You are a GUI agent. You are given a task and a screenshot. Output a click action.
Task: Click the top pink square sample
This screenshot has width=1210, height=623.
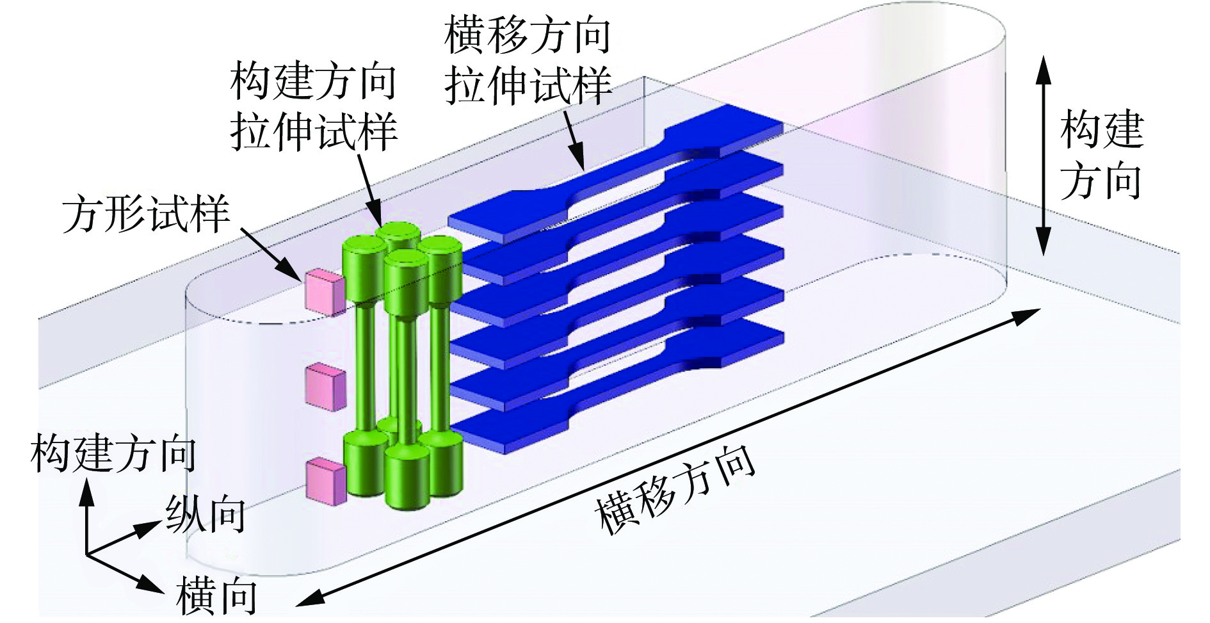[x=325, y=293]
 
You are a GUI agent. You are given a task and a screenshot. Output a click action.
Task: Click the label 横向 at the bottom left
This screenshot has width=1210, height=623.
[x=216, y=596]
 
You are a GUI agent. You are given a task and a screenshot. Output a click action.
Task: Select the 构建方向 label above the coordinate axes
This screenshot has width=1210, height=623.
[x=113, y=453]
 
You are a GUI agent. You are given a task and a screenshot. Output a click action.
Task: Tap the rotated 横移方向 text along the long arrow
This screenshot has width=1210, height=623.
[x=675, y=490]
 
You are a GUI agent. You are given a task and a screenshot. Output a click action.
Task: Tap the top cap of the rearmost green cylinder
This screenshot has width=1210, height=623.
[x=398, y=231]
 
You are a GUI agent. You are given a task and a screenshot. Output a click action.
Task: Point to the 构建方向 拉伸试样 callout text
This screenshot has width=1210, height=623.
[x=314, y=106]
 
